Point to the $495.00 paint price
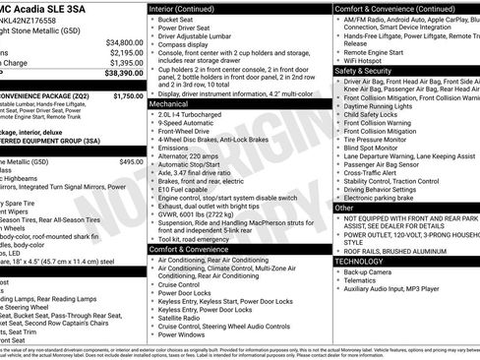pyautogui.click(x=131, y=160)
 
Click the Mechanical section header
pyautogui.click(x=168, y=102)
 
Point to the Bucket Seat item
pyautogui.click(x=177, y=20)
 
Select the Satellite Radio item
pyautogui.click(x=181, y=318)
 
